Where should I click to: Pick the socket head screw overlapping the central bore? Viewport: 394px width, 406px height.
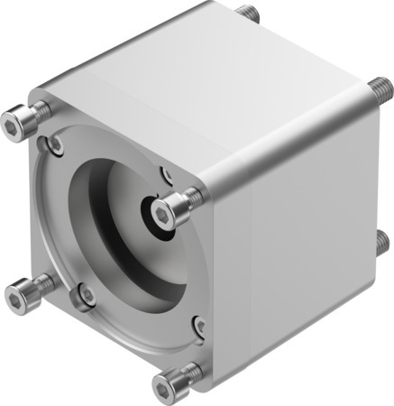tap(166, 212)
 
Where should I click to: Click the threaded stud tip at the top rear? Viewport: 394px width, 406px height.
tap(248, 14)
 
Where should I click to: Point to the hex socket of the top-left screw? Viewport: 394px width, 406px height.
tap(15, 118)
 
